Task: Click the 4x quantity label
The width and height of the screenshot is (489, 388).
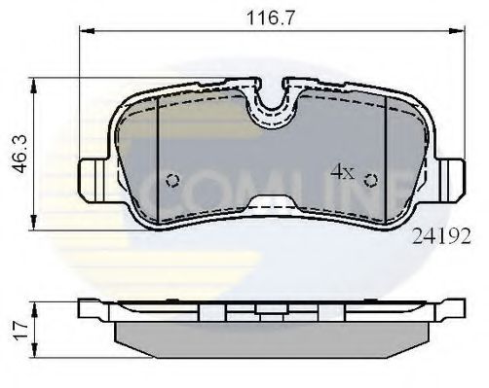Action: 341,172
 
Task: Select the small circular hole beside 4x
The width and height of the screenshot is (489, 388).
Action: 370,179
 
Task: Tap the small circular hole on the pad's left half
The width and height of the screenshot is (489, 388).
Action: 172,180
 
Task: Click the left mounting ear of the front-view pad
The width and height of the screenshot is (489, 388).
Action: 90,179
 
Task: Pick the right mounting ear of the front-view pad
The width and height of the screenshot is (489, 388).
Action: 453,178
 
